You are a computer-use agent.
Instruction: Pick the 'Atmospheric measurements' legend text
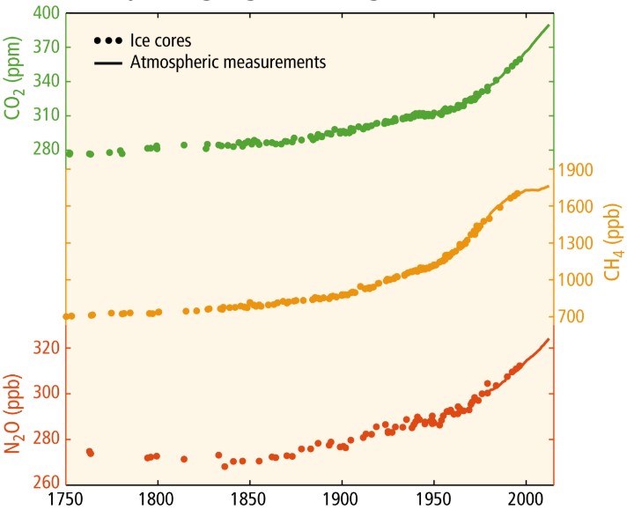point(229,63)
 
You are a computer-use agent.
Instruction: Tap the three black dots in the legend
point(105,41)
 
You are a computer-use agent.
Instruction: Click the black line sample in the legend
point(105,63)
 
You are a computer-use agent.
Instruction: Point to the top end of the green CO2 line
point(549,25)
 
